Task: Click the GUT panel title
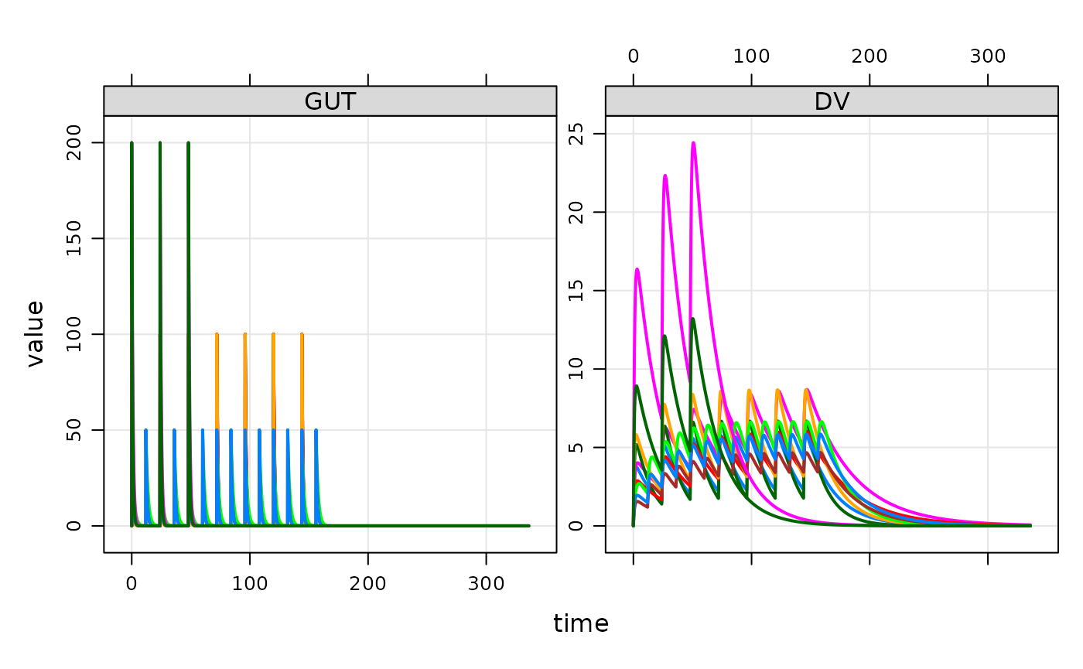pos(330,101)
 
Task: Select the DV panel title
pos(832,101)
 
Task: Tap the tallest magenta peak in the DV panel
pos(693,143)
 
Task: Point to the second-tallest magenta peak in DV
pos(664,176)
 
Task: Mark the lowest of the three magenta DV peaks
pos(637,269)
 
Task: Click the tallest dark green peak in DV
pos(693,319)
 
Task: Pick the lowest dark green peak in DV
pos(637,386)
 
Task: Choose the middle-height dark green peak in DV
pos(664,336)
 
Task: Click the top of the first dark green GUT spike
pos(132,143)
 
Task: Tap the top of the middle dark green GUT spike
pos(160,143)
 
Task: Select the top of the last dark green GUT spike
pos(188,143)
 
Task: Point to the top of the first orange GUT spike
pos(217,334)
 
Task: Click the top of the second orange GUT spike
pos(245,334)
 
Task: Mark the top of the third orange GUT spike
pos(273,334)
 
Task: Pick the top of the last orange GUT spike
pos(302,334)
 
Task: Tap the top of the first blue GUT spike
pos(145,430)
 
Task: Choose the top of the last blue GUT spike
pos(316,430)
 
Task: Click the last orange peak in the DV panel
pos(806,389)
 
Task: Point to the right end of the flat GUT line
pos(529,525)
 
